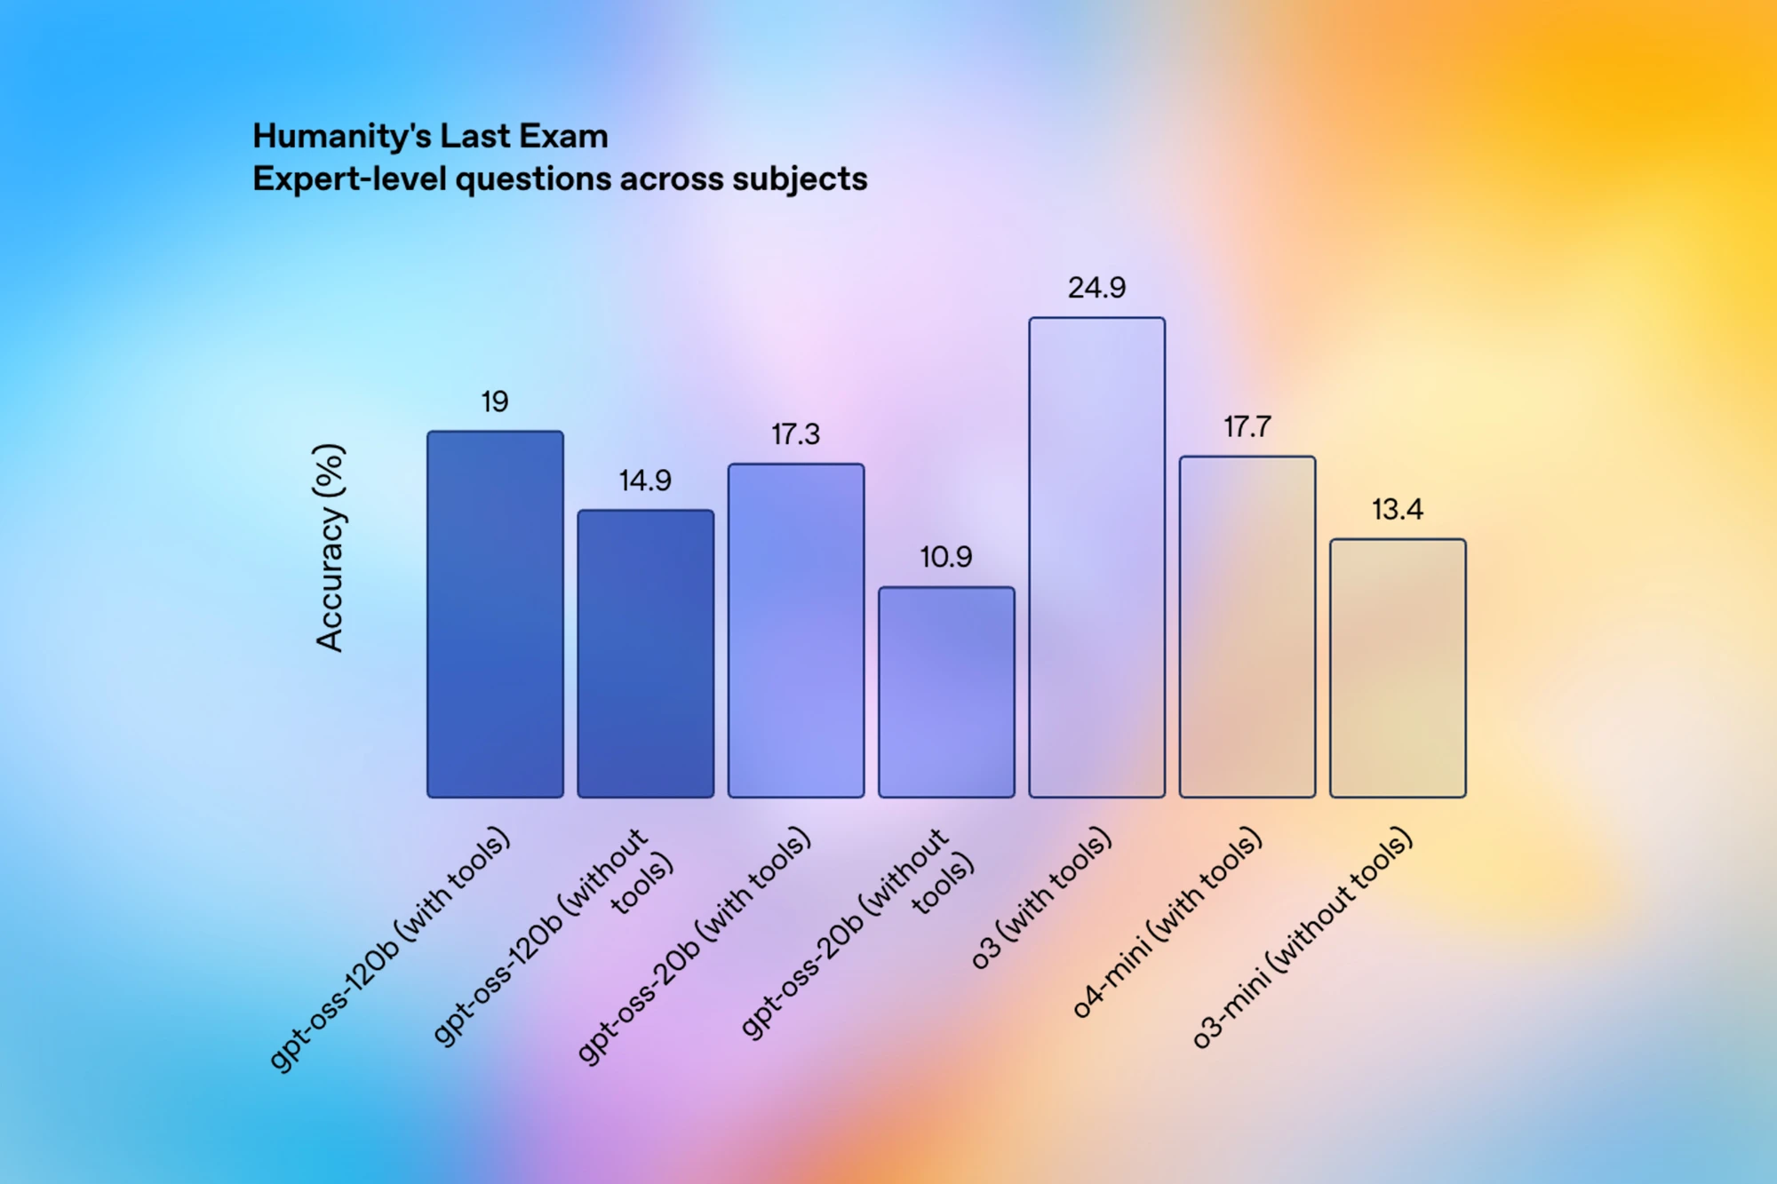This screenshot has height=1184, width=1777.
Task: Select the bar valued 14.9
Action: pos(646,654)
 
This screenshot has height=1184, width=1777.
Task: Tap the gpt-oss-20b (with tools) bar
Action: pos(796,631)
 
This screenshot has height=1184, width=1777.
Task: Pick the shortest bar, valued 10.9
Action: pos(946,692)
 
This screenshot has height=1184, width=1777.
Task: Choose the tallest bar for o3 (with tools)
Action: pos(1097,558)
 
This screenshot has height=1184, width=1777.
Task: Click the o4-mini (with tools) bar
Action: pos(1247,627)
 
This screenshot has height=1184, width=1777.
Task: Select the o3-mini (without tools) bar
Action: pos(1398,668)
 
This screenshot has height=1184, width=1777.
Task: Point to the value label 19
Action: pos(495,401)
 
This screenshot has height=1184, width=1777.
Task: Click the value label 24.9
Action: pos(1096,288)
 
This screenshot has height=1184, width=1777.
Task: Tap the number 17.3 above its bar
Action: pos(795,434)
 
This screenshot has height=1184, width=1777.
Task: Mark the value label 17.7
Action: pos(1247,427)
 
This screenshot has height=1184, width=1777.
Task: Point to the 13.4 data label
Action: pos(1398,510)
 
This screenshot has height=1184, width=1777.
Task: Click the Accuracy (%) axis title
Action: pos(330,548)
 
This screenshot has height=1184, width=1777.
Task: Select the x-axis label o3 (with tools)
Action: pos(1041,897)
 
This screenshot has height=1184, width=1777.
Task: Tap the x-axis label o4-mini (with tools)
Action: pos(1167,921)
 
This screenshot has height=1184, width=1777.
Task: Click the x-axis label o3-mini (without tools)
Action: pos(1302,937)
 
